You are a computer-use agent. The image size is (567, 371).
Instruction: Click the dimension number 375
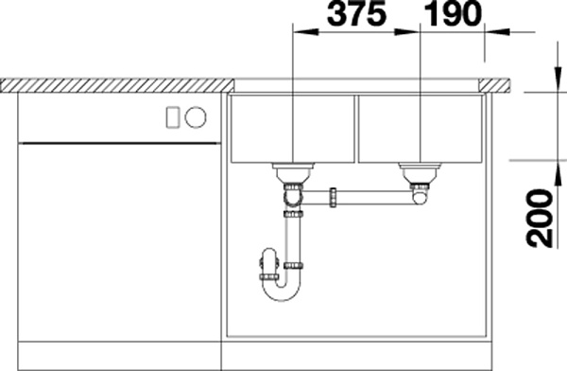[x=356, y=14]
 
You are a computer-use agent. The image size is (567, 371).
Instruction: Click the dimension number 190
[x=453, y=14]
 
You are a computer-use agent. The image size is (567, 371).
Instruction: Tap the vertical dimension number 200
[x=541, y=218]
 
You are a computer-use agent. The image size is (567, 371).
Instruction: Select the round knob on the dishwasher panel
[x=196, y=117]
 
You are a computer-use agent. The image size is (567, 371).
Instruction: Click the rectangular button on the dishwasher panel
[x=173, y=117]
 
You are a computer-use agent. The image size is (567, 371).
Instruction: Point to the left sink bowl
[x=293, y=129]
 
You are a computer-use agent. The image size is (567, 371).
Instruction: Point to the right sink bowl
[x=421, y=129]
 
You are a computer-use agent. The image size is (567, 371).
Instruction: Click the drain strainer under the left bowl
[x=293, y=173]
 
